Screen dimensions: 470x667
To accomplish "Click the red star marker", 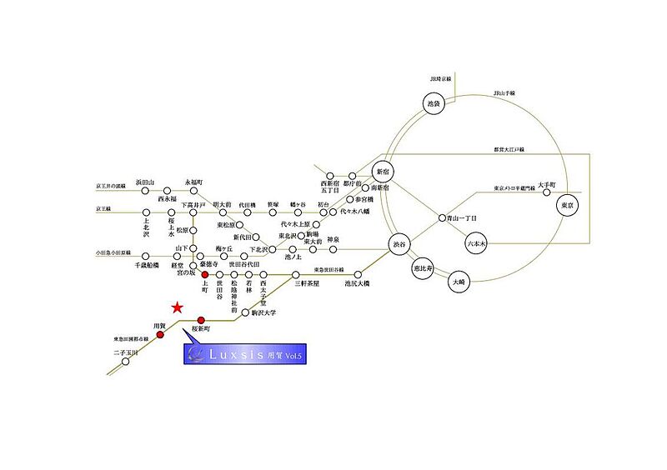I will click(x=177, y=308).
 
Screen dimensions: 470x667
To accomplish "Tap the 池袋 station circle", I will click(x=432, y=105).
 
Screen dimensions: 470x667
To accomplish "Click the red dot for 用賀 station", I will click(x=161, y=336).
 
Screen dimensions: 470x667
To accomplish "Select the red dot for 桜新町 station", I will click(x=201, y=320).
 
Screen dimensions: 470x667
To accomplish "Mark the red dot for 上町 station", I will click(x=205, y=274).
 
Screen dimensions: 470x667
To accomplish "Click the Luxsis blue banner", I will click(x=244, y=354).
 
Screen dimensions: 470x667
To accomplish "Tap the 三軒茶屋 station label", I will click(x=309, y=283).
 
